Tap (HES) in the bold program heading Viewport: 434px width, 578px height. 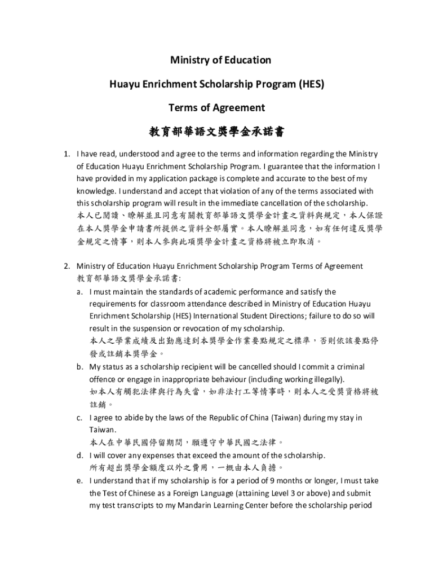click(312, 84)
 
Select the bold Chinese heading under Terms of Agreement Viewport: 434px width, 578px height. click(216, 132)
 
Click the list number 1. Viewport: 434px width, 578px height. click(66, 154)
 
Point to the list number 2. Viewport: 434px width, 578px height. click(66, 266)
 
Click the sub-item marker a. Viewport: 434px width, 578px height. click(79, 292)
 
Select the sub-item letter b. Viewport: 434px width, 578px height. click(79, 366)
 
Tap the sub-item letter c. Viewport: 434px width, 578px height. click(79, 418)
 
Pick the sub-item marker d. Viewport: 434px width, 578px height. click(79, 455)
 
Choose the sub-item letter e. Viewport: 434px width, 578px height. click(79, 481)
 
